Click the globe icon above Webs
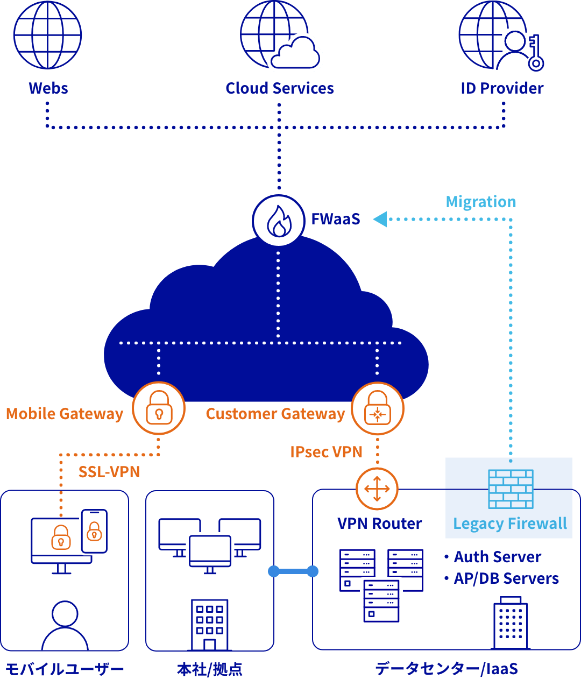click(47, 35)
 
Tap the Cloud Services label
click(280, 88)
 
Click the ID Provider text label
click(502, 88)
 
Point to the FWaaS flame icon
click(279, 221)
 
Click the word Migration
click(481, 202)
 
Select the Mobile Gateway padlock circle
click(159, 408)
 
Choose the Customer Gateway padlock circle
click(377, 408)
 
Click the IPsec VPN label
click(326, 452)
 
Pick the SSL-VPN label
click(109, 472)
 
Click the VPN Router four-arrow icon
click(377, 489)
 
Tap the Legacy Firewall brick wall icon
click(511, 489)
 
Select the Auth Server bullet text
click(497, 557)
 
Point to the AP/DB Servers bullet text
click(506, 578)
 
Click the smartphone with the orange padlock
click(94, 531)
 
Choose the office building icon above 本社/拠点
click(210, 625)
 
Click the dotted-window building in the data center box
click(510, 623)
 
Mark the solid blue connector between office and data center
click(293, 571)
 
